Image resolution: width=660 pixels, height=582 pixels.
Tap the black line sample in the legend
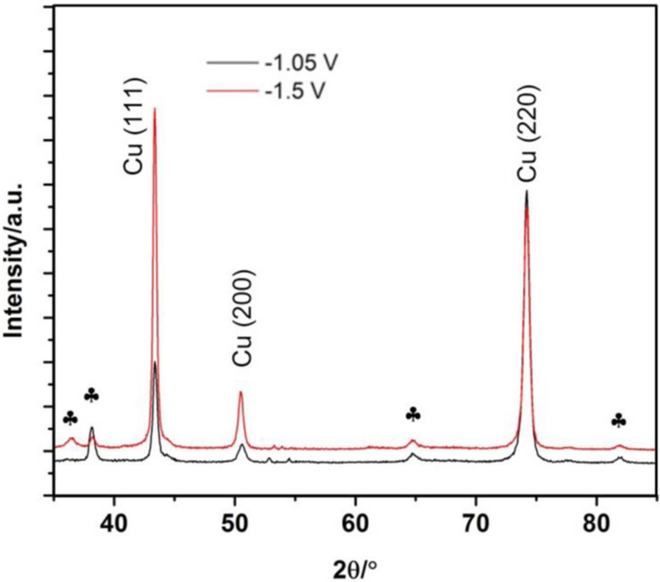(x=232, y=63)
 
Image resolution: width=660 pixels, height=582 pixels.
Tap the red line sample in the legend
(x=232, y=91)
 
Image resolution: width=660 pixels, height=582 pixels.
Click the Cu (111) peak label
(x=136, y=126)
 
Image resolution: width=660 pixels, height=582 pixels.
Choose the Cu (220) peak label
(x=528, y=133)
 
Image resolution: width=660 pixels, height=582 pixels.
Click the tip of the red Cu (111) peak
(x=155, y=109)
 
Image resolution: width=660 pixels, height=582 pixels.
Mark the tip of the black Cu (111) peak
(x=155, y=362)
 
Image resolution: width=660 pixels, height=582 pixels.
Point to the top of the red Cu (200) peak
(x=241, y=392)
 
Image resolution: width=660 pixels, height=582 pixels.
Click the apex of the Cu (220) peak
(x=526, y=191)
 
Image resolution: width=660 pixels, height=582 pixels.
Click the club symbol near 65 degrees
(x=413, y=415)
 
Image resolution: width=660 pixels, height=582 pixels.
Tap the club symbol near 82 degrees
(x=619, y=422)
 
